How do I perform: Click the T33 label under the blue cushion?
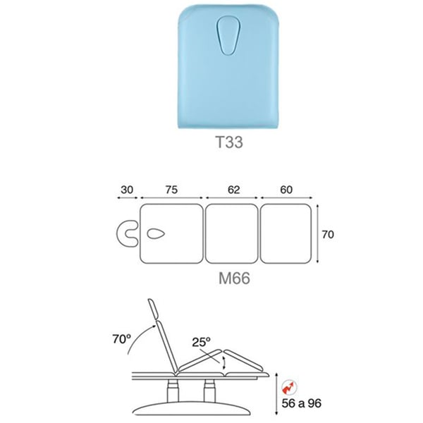pos(229,142)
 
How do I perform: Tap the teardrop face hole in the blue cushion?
pos(228,36)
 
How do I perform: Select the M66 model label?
pos(234,278)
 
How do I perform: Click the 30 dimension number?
pos(127,190)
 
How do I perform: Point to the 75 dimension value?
pos(171,190)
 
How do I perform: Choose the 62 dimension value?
pos(233,190)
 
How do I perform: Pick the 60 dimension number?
pos(286,190)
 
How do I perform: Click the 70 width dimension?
pos(328,235)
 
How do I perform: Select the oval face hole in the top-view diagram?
pos(156,233)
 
